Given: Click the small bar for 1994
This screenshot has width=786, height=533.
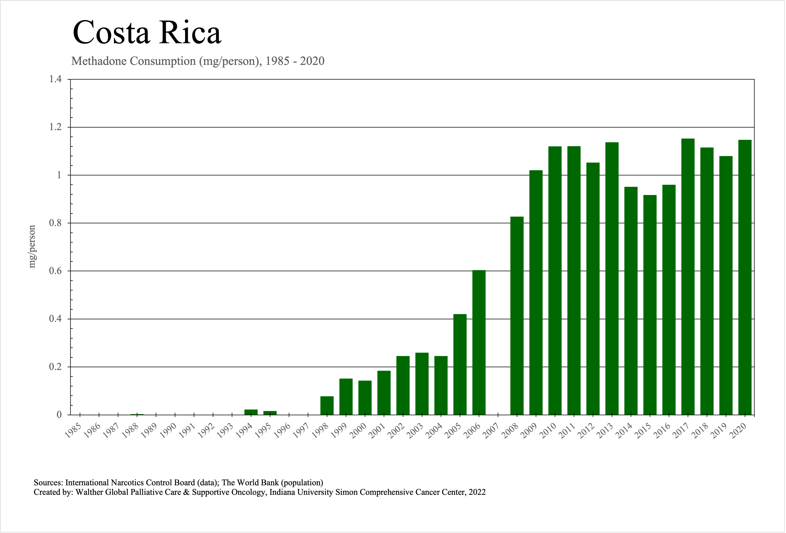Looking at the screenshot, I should tap(251, 412).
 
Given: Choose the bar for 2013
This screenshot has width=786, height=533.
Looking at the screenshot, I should tap(612, 278).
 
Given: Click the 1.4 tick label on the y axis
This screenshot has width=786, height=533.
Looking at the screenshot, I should tap(55, 79).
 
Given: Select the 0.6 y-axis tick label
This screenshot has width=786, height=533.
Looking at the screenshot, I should tap(55, 271).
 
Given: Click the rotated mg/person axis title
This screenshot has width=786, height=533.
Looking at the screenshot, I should tap(32, 246).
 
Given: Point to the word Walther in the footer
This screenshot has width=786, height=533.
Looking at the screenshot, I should tap(89, 492).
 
